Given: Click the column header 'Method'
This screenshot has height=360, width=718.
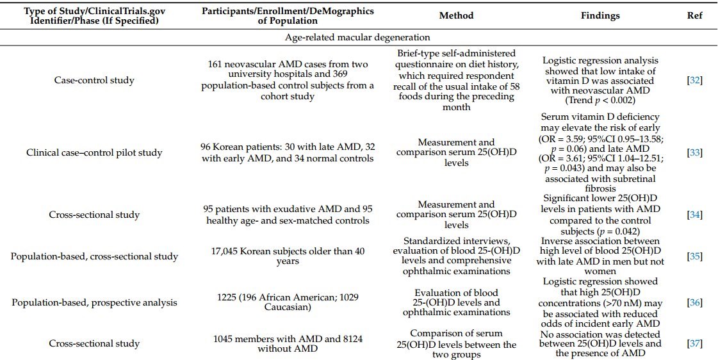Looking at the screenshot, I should [x=457, y=15].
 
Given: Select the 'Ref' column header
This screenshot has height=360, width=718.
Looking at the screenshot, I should [x=694, y=15].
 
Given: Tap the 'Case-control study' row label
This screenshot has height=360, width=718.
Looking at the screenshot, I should [x=94, y=80].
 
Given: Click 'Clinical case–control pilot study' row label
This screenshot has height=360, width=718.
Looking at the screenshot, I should [x=94, y=152].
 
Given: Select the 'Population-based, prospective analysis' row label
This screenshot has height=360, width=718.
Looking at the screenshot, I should [x=94, y=302].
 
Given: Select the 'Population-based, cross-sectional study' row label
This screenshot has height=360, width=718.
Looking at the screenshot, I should [x=94, y=256].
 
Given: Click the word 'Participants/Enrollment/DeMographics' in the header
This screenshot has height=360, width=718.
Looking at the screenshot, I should [x=287, y=11].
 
